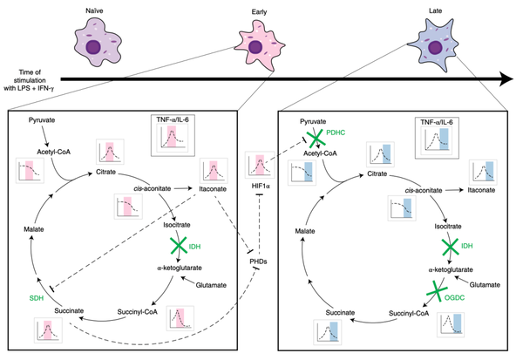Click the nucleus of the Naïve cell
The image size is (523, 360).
pos(93,47)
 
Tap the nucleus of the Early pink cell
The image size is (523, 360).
pos(255,47)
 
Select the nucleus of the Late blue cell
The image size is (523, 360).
pos(435,47)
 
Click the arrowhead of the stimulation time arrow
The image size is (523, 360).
pos(506,79)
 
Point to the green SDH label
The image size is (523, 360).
pos(37,298)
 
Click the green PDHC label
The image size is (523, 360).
pos(336,132)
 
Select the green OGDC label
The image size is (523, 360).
pos(454,297)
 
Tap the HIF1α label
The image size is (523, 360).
pos(261,186)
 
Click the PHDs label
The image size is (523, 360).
pos(258,262)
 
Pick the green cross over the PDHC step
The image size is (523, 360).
pos(315,138)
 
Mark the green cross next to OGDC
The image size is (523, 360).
pos(436,291)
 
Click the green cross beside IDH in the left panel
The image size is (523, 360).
pos(179,246)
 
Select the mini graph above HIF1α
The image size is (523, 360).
pos(260,165)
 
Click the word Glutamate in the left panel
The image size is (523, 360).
pos(211,285)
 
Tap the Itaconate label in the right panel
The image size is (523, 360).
pos(481,190)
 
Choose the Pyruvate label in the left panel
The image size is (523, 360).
pos(42,120)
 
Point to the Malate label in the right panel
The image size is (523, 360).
pos(305,231)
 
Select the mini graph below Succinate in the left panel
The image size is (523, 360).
pos(48,330)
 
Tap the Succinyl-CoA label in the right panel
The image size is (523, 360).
pos(409,314)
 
